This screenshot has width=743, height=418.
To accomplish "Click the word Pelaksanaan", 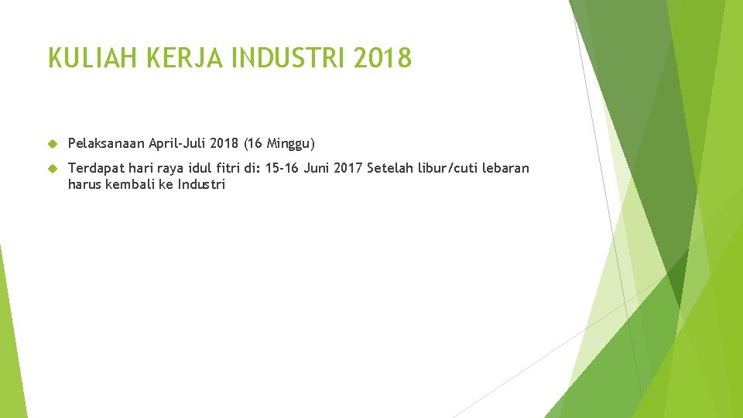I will click(106, 143).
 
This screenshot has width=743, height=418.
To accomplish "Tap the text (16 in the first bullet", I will click(252, 143).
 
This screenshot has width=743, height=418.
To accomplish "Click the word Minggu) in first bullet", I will click(291, 143).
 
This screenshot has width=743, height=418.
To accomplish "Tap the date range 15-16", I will click(282, 168).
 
